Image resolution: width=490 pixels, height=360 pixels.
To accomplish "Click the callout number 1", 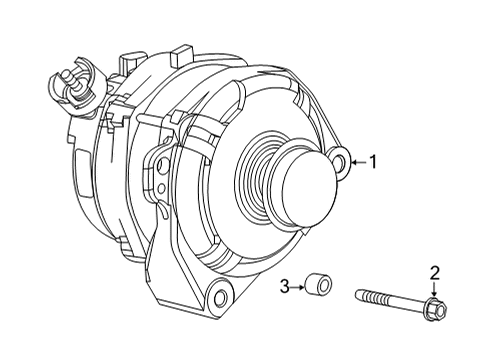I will pos(373,160).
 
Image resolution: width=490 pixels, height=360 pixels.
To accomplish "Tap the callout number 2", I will pos(435,272).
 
